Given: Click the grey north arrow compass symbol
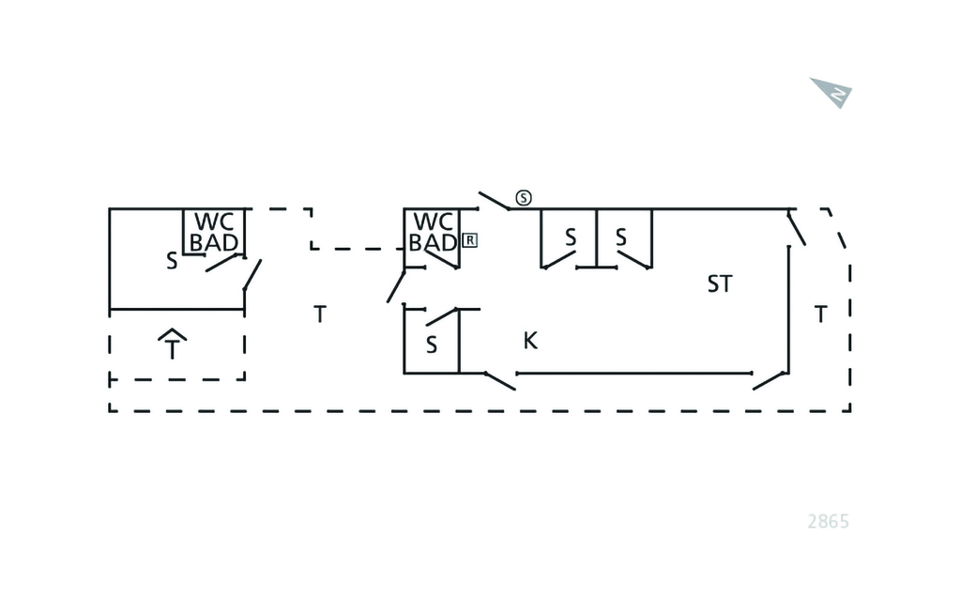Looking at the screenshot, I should (x=832, y=92).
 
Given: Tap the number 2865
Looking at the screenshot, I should (x=828, y=522).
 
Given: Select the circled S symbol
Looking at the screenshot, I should (x=524, y=198).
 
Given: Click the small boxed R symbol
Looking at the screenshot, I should (x=470, y=239).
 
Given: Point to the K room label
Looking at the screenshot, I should (x=530, y=341).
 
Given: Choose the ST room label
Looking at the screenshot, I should (x=720, y=284).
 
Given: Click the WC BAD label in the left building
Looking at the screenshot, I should (x=214, y=233).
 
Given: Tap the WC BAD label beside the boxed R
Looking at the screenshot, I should (x=434, y=233).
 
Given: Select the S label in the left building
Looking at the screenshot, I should (x=172, y=262).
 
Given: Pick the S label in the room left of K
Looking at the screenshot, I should (x=432, y=345).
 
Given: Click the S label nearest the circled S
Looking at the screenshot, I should (x=571, y=238).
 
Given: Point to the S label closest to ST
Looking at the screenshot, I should (x=621, y=238).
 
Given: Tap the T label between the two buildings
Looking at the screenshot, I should (x=320, y=315).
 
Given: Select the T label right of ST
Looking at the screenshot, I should (x=821, y=315).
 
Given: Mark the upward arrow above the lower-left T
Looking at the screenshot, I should (x=173, y=334).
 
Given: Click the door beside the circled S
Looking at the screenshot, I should (x=494, y=200).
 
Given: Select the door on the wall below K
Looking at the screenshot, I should (x=499, y=380).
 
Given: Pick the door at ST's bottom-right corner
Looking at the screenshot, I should (x=770, y=380).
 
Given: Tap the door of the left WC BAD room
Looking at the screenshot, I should (x=225, y=262).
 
